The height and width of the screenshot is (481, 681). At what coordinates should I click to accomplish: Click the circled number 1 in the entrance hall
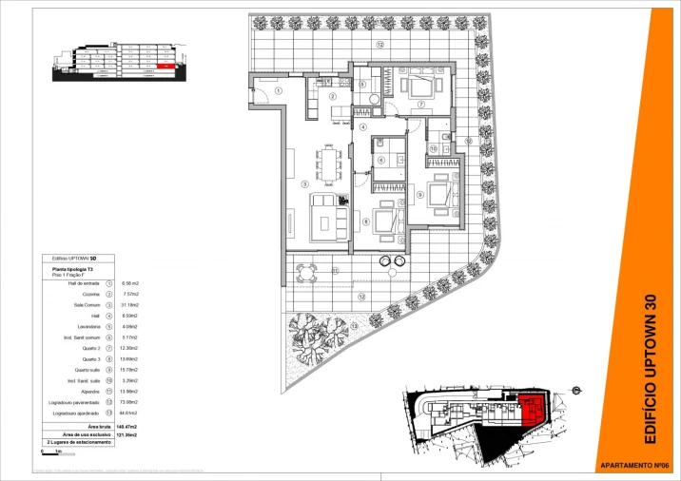(278, 90)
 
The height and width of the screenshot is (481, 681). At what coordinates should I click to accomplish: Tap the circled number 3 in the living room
(304, 184)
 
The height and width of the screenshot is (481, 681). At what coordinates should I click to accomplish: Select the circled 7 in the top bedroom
(420, 104)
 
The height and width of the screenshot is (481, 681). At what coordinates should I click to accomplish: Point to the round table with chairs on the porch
(304, 274)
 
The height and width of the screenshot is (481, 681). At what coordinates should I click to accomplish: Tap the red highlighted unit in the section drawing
(166, 67)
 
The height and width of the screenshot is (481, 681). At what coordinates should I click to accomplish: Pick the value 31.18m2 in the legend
(128, 304)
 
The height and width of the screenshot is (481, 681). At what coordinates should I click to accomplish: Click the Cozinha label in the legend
(91, 294)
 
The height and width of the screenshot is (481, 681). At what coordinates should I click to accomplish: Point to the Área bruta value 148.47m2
(127, 428)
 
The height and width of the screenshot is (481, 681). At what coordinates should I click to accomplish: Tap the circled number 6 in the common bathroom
(380, 160)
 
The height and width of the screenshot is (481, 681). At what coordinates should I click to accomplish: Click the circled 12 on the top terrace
(379, 45)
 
